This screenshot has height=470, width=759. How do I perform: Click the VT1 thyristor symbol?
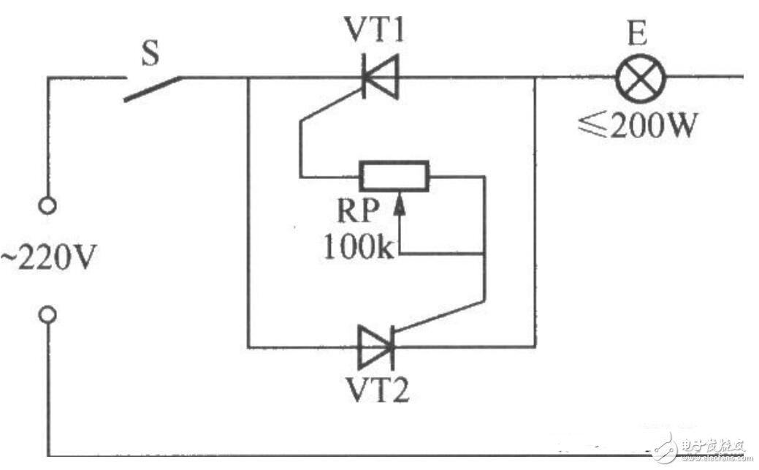click(381, 77)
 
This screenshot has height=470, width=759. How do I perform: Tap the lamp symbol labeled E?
click(641, 77)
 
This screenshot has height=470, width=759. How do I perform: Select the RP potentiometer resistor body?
click(394, 176)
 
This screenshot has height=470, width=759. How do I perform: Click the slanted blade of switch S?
click(152, 88)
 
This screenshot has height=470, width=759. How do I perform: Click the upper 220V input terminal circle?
click(47, 205)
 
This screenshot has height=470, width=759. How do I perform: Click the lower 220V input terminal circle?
click(47, 314)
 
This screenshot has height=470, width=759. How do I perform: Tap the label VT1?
click(374, 30)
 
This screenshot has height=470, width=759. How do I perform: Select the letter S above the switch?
click(150, 53)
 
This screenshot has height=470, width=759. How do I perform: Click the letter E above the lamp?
click(637, 34)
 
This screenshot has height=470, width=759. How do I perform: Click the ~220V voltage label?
click(47, 257)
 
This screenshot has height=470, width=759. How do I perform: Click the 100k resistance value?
click(357, 246)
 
